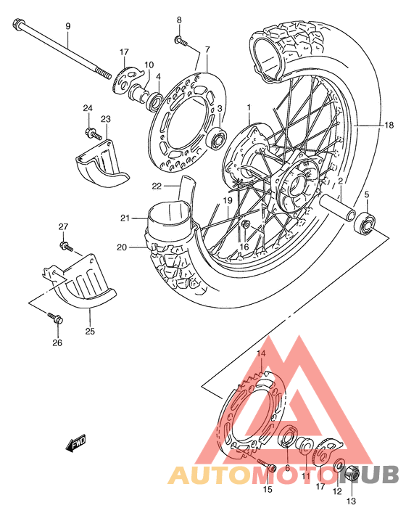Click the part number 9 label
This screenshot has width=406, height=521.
[x=68, y=27]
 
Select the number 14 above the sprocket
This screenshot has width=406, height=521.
[x=262, y=353]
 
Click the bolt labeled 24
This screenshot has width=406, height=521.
[x=93, y=133]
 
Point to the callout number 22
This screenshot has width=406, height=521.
[x=157, y=186]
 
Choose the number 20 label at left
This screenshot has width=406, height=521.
[x=122, y=247]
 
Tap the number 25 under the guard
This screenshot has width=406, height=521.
[x=90, y=332]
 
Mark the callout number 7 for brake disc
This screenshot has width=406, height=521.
[x=207, y=49]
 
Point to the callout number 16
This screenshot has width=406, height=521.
[x=244, y=247]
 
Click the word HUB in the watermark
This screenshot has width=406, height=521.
[x=374, y=476]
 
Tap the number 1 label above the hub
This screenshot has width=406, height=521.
[x=248, y=108]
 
